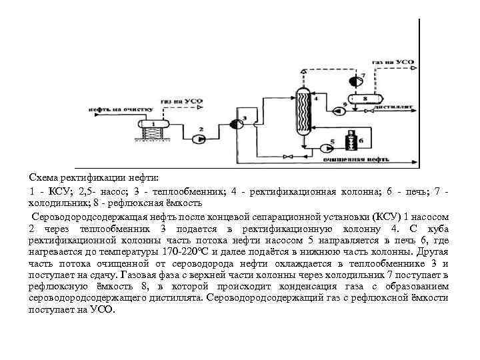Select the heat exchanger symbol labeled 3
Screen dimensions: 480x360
coord(236,123)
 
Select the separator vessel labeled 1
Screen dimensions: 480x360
coord(154,124)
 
